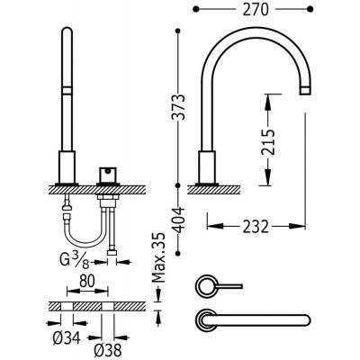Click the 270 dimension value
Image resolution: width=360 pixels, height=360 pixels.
(x=256, y=10)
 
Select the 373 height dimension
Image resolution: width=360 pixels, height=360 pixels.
(x=178, y=107)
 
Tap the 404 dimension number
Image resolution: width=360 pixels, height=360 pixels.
(x=179, y=220)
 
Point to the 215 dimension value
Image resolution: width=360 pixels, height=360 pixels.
(x=267, y=142)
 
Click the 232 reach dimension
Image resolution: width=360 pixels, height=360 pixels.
(x=256, y=227)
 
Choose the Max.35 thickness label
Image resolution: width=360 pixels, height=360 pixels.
(x=158, y=257)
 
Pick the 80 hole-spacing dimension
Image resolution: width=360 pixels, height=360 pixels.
(x=87, y=281)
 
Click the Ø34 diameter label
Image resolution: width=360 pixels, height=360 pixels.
(x=67, y=338)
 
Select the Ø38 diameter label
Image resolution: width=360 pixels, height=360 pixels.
(x=107, y=349)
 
